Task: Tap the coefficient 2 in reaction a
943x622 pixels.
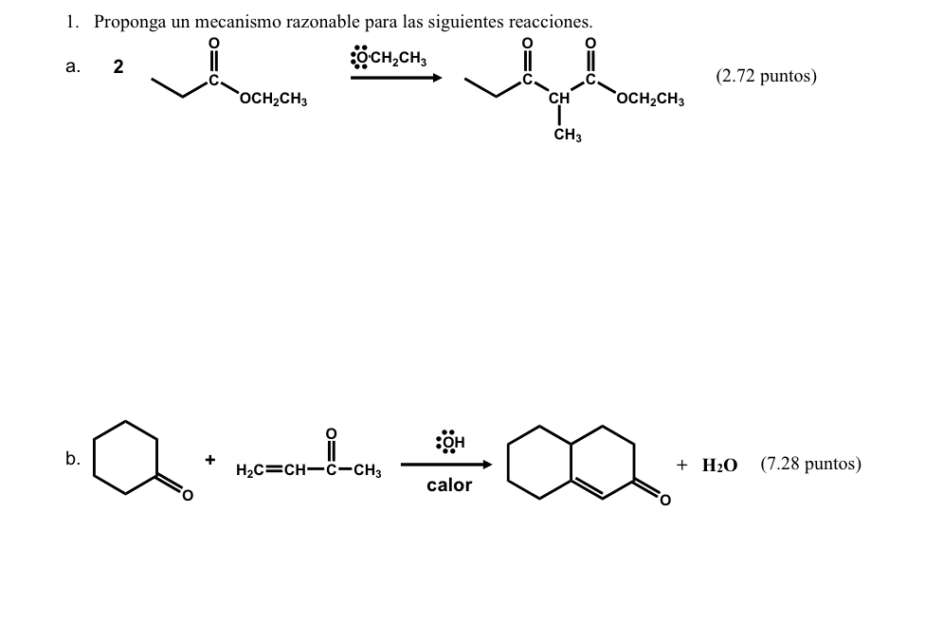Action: coord(118,66)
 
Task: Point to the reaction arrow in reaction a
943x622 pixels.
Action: coord(396,78)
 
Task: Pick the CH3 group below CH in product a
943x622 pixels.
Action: coord(568,136)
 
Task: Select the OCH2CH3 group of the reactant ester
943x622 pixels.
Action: coord(273,99)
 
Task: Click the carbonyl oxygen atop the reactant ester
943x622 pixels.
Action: coord(213,44)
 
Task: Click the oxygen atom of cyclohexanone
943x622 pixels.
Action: coord(187,495)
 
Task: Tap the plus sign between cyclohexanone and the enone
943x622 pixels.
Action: coord(210,460)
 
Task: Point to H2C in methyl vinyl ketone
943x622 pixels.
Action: coord(248,470)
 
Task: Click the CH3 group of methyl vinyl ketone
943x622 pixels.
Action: coord(368,470)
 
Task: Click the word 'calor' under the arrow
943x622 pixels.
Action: coord(449,485)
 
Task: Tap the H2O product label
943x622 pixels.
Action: coord(719,465)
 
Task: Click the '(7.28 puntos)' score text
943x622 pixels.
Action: coord(810,464)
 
